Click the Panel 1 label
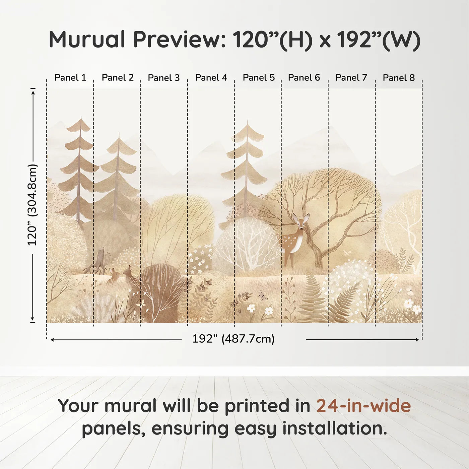(70, 78)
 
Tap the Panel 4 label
(211, 78)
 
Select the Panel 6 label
(304, 78)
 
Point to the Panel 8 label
(399, 78)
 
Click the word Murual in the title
(87, 40)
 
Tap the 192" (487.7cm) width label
(233, 339)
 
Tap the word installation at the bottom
(335, 428)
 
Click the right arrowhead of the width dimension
(417, 339)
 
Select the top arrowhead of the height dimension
(33, 91)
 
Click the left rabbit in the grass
(114, 275)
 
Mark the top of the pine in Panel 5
(248, 119)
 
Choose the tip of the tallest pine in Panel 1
(81, 117)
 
